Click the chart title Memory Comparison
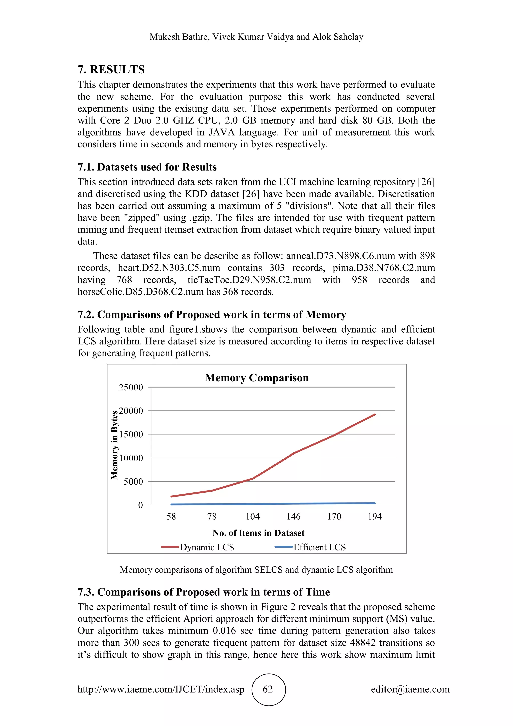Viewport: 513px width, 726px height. tap(256, 378)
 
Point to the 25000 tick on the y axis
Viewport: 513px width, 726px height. tap(131, 387)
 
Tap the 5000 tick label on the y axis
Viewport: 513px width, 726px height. tap(133, 482)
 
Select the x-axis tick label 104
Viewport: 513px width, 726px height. tap(253, 516)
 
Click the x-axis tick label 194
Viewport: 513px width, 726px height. tap(375, 516)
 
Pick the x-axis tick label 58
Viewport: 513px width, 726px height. tap(171, 516)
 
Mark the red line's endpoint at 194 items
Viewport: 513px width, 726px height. tap(375, 414)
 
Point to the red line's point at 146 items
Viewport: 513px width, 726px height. tap(294, 453)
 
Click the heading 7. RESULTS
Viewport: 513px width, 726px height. tap(111, 69)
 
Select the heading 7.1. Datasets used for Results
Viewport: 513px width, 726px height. tap(147, 167)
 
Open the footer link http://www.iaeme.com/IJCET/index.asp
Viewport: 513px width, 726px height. tap(161, 689)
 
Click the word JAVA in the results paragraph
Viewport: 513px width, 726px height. tap(221, 132)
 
